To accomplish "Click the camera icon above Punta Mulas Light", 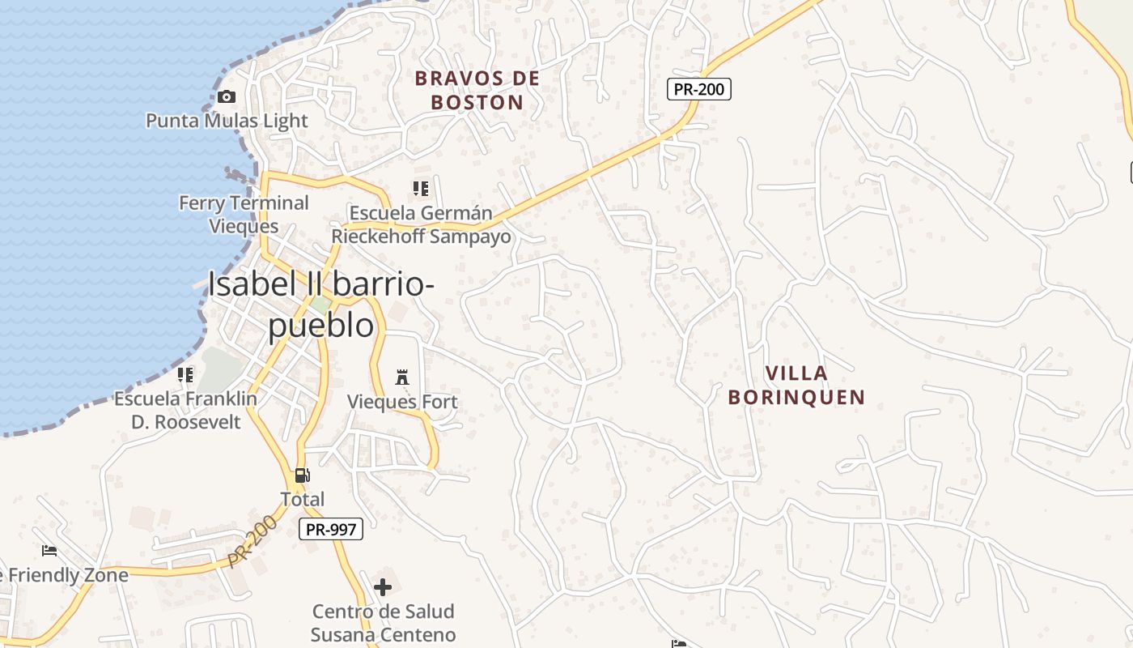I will pyautogui.click(x=227, y=97).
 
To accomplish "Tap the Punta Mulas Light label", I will pyautogui.click(x=227, y=121).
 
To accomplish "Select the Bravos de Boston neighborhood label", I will pyautogui.click(x=477, y=90).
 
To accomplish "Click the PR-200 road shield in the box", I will pyautogui.click(x=699, y=89).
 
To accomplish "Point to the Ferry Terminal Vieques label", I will pyautogui.click(x=244, y=214).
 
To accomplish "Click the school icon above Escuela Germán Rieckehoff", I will pyautogui.click(x=421, y=189).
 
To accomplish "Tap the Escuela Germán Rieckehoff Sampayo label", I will pyautogui.click(x=421, y=225).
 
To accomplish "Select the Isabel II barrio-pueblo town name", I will pyautogui.click(x=321, y=304).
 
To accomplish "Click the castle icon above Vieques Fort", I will pyautogui.click(x=402, y=377).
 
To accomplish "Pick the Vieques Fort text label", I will pyautogui.click(x=402, y=402).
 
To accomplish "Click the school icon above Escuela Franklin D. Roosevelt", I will pyautogui.click(x=185, y=374).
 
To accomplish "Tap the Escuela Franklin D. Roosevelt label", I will pyautogui.click(x=186, y=410).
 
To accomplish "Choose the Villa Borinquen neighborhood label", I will pyautogui.click(x=797, y=385).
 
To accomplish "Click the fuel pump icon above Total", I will pyautogui.click(x=302, y=475).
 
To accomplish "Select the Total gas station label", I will pyautogui.click(x=302, y=499).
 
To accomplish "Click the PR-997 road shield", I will pyautogui.click(x=330, y=530).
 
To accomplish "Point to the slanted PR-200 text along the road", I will pyautogui.click(x=252, y=540).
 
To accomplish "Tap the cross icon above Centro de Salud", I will pyautogui.click(x=383, y=586).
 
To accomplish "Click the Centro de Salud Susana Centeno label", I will pyautogui.click(x=383, y=623).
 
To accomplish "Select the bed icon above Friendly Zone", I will pyautogui.click(x=49, y=551).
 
